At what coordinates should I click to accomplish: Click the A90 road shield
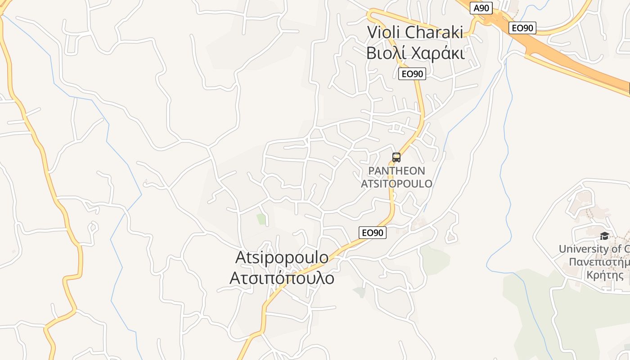click(481, 8)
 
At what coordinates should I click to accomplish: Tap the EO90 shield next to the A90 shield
click(522, 28)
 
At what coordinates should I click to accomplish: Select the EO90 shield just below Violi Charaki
click(412, 74)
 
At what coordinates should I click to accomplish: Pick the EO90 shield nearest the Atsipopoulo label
click(373, 233)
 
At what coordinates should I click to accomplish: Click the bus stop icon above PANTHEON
click(396, 157)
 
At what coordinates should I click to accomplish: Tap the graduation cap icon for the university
click(604, 236)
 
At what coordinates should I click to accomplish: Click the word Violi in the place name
click(384, 32)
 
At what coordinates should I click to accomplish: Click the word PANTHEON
click(396, 171)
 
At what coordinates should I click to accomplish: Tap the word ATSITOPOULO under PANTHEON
click(396, 184)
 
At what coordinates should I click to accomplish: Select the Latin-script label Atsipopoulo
click(282, 257)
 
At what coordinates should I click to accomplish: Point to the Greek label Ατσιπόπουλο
click(282, 278)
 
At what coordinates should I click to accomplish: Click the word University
click(584, 249)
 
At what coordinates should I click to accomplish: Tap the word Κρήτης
click(605, 275)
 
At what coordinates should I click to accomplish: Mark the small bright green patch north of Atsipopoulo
click(261, 219)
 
